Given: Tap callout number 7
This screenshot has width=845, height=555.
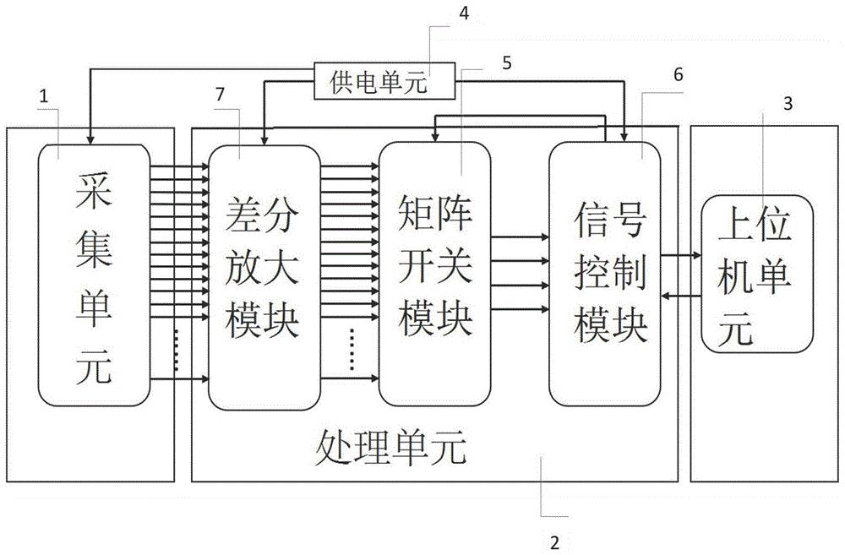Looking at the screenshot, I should (221, 94).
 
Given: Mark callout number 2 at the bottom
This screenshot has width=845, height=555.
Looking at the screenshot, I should (554, 539).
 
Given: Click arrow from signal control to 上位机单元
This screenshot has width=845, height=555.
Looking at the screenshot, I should (681, 254).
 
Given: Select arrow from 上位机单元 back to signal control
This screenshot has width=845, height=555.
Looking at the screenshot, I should (681, 295).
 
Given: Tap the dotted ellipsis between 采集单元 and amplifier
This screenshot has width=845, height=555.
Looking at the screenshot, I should (177, 351).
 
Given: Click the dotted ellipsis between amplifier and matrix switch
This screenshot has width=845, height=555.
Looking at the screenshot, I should (350, 350).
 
